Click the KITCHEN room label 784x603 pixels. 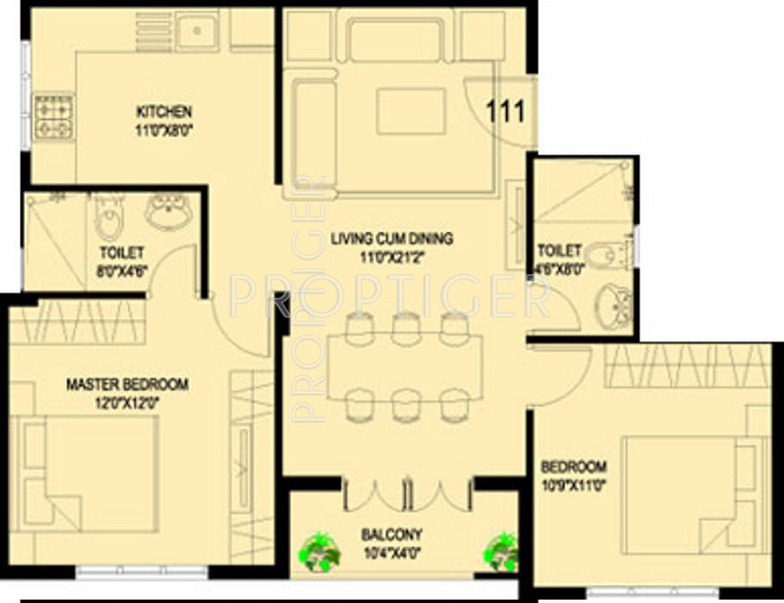[164, 111]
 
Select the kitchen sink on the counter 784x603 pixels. [198, 31]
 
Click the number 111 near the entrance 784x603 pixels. [505, 111]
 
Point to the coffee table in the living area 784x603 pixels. [411, 111]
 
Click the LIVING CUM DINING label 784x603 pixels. [392, 239]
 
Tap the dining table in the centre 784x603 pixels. [404, 365]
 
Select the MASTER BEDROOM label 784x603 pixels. [127, 384]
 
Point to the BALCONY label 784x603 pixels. [392, 534]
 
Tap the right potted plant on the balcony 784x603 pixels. [501, 551]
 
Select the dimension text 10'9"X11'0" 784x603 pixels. [574, 484]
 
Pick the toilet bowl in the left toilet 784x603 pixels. [108, 219]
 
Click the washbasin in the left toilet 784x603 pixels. [170, 211]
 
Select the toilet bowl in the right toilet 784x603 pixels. [607, 256]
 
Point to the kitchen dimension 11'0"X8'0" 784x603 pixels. [164, 130]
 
